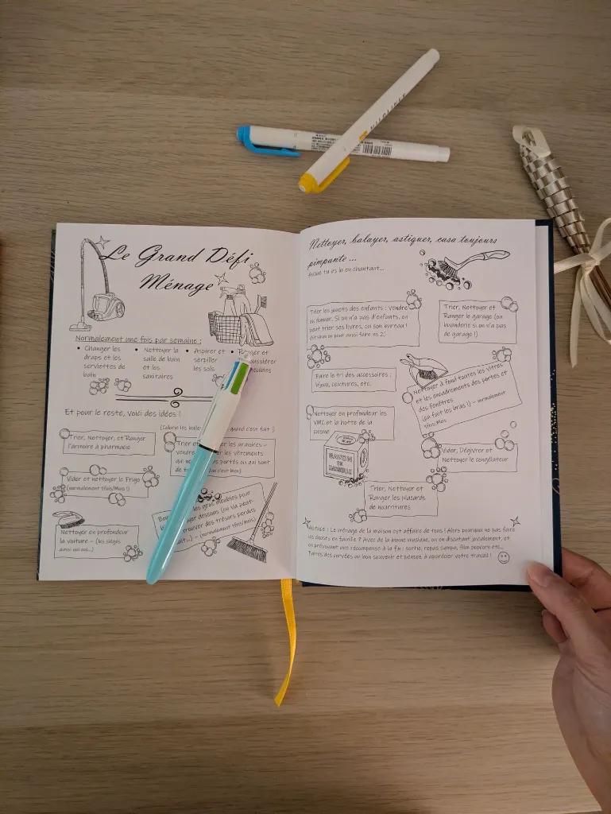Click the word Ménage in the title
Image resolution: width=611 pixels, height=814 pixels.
point(176,281)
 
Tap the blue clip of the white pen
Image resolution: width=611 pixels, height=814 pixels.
point(257,142)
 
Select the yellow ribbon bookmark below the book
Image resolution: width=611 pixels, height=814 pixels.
point(285,644)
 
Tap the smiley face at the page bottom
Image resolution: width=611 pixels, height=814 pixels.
point(504,557)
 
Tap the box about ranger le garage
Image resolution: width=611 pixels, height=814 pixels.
point(478,321)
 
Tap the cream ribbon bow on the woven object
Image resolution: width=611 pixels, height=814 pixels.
point(585,270)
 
